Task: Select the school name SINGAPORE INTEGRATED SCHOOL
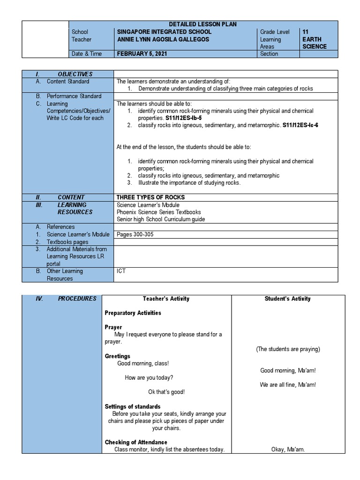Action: click(x=165, y=32)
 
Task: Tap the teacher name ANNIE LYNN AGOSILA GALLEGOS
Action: click(x=163, y=39)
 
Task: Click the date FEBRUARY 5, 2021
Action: click(x=141, y=54)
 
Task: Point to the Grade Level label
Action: click(x=275, y=32)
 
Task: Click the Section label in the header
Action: click(x=269, y=54)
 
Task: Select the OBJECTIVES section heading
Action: click(x=75, y=74)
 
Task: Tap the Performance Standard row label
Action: click(x=74, y=96)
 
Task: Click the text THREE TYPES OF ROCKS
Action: click(x=150, y=197)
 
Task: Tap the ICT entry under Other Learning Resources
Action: click(x=121, y=271)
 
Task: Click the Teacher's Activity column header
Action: click(x=166, y=299)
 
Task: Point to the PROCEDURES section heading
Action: click(x=77, y=299)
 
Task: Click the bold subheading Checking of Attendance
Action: click(x=136, y=442)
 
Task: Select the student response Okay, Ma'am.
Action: click(x=288, y=450)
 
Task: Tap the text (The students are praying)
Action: click(x=288, y=349)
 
